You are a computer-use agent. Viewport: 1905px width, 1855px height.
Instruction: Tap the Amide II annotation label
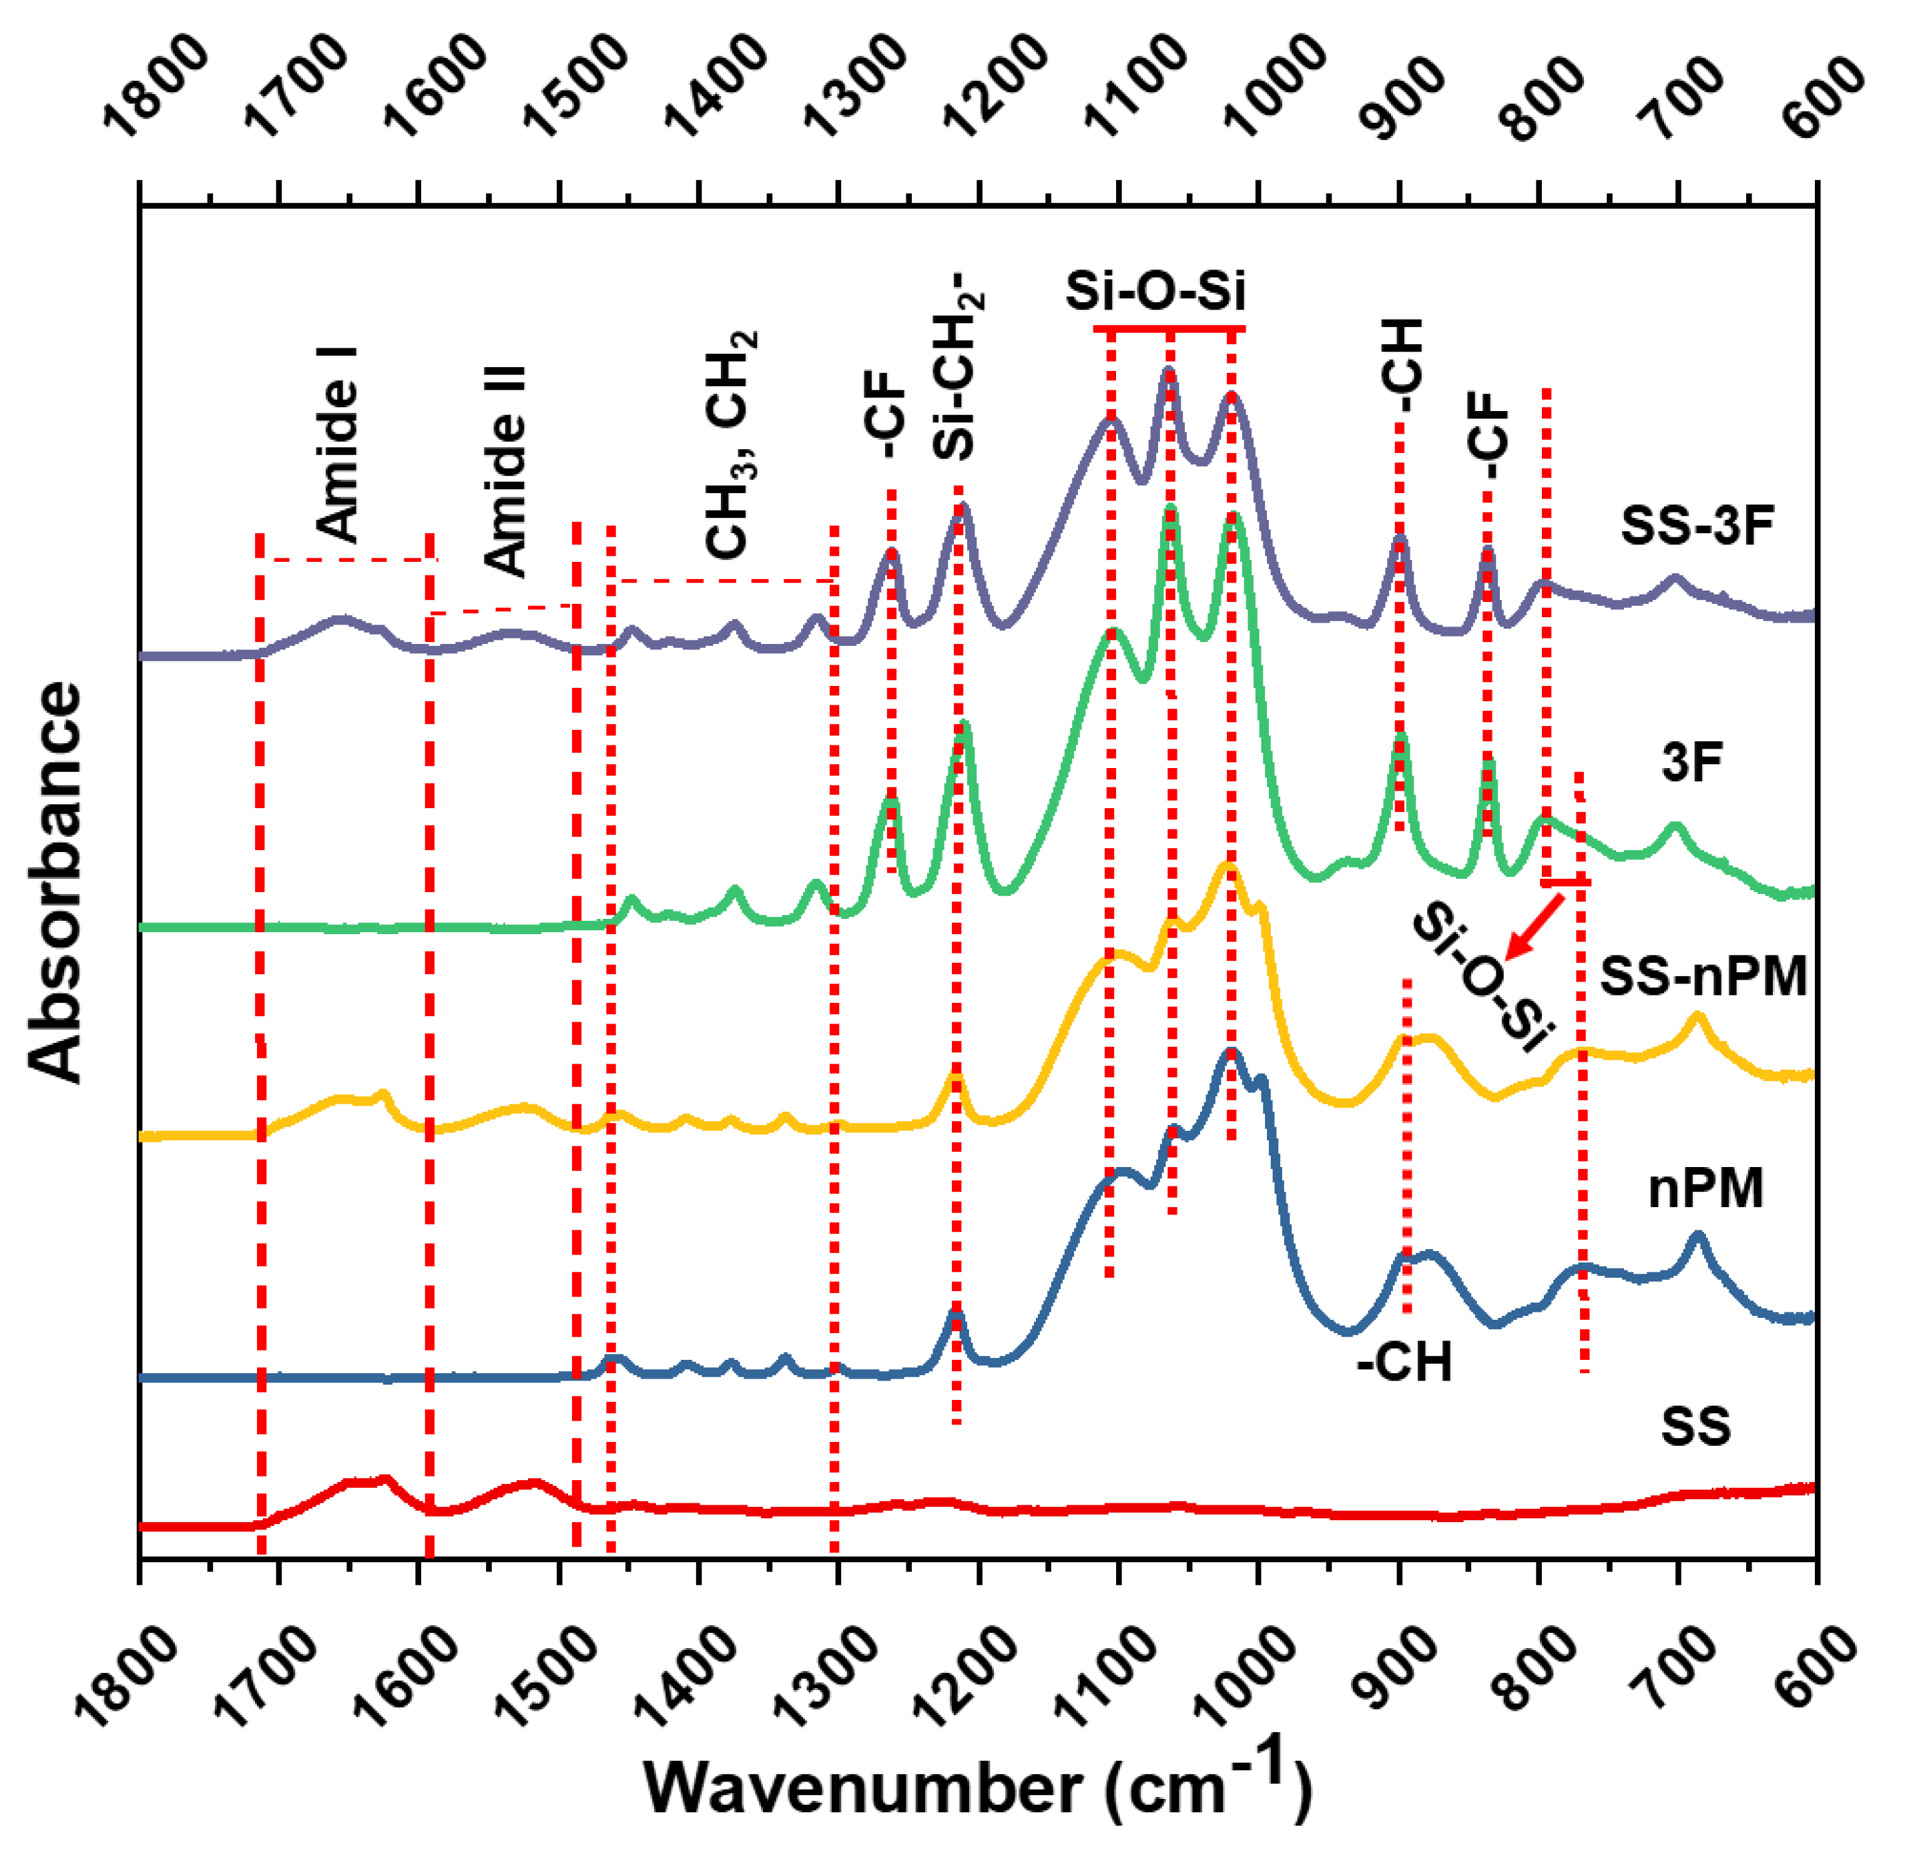505,472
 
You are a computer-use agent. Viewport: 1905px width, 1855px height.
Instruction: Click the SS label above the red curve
1695,1427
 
